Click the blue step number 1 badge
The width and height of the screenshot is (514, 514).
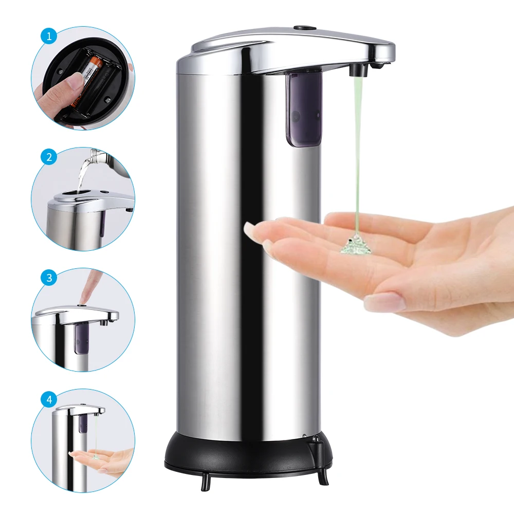49,36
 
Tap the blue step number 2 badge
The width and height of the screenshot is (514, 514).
49,157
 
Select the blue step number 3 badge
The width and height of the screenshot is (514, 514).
49,278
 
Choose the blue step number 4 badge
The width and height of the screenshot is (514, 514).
49,399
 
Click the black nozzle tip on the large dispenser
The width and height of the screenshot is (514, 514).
358,69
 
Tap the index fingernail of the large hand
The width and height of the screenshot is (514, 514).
255,232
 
